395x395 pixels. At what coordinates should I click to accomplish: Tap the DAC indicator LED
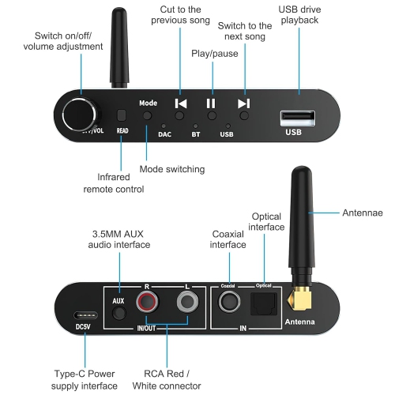coord(164,126)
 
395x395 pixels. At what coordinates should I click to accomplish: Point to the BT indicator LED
coord(195,126)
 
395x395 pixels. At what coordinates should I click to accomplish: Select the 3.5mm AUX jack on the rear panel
coord(119,313)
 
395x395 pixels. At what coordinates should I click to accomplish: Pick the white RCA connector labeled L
coord(187,301)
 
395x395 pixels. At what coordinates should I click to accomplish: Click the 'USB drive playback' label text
coord(299,14)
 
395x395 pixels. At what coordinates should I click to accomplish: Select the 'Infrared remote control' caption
coord(115,182)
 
